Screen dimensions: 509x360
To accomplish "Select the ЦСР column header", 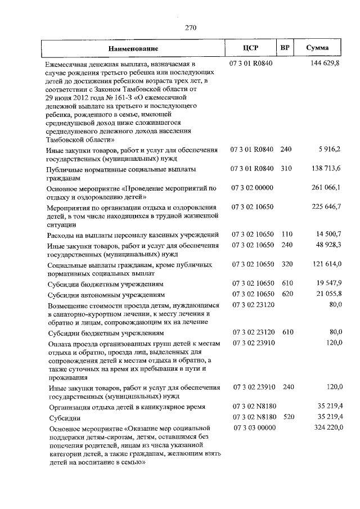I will pyautogui.click(x=250, y=48).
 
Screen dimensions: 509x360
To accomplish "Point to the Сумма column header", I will pyautogui.click(x=317, y=48).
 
